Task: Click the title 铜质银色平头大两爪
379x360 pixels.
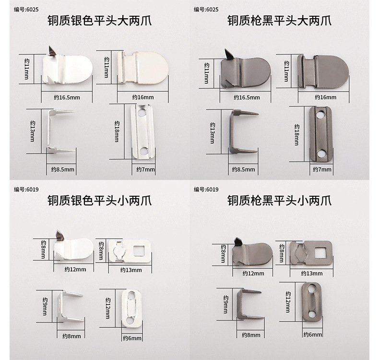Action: pyautogui.click(x=99, y=21)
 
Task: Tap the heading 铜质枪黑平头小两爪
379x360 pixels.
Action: pyautogui.click(x=279, y=200)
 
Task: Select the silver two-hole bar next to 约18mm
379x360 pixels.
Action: pyautogui.click(x=143, y=132)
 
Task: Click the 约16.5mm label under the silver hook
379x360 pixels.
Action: pyautogui.click(x=67, y=97)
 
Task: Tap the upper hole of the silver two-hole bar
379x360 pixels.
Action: pyautogui.click(x=142, y=114)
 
